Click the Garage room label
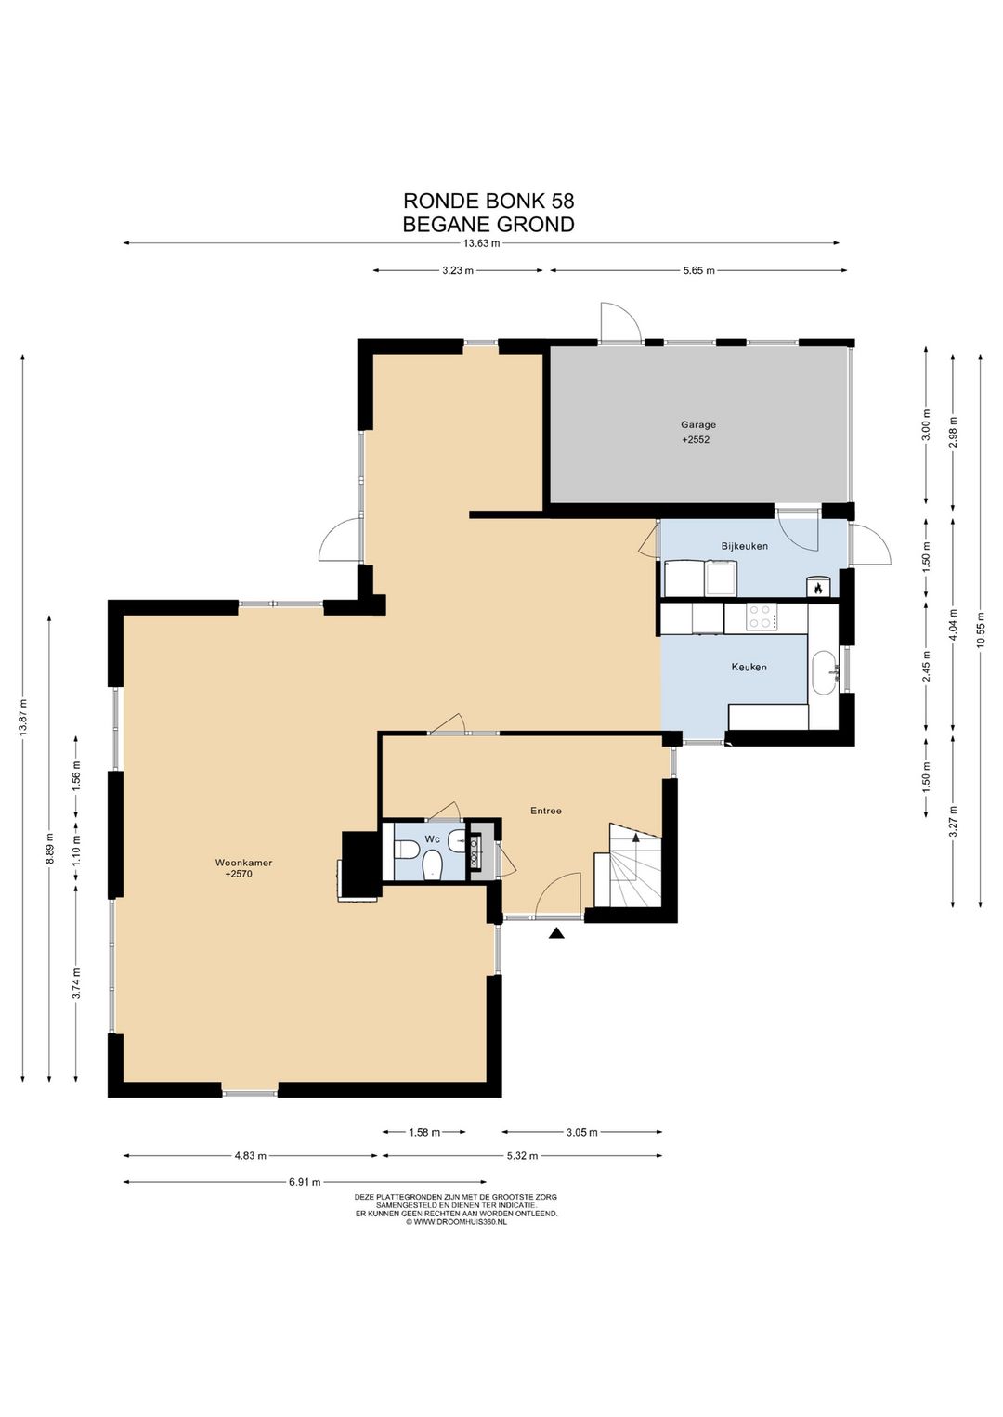(x=698, y=425)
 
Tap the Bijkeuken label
(x=745, y=545)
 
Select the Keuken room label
(x=749, y=667)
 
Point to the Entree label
(x=546, y=811)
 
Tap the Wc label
(x=432, y=838)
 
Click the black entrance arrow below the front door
(x=556, y=933)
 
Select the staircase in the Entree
(x=627, y=864)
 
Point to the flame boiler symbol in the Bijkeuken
(x=817, y=588)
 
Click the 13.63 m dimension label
(x=482, y=243)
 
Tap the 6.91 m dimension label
(x=304, y=1182)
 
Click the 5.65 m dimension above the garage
(x=698, y=271)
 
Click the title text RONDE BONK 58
(x=489, y=201)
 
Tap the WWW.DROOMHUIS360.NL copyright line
(x=456, y=1223)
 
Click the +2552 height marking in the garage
(x=696, y=439)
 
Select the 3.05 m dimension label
(x=581, y=1132)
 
